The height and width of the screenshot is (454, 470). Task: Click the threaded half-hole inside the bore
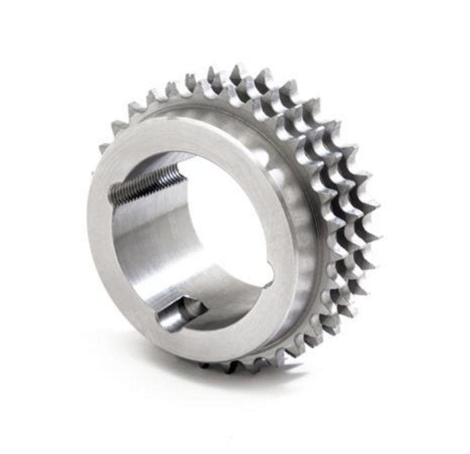144,184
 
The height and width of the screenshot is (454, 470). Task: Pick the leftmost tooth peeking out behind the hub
105,148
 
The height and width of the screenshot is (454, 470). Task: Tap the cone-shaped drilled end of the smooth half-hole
198,307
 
